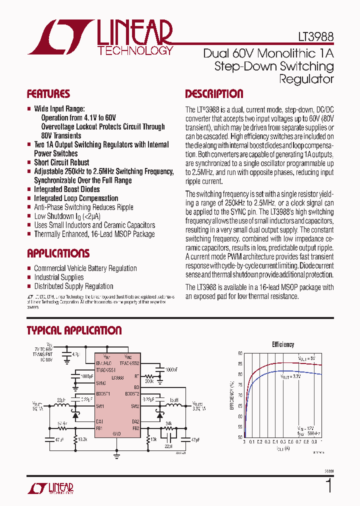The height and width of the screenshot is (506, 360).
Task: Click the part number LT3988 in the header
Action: coord(313,37)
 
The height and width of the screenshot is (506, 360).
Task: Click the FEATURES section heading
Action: coord(48,94)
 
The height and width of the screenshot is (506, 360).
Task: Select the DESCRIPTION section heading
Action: coord(214,94)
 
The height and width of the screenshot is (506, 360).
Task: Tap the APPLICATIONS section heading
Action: coord(58,253)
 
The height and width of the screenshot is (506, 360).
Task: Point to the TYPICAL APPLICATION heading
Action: coord(74,330)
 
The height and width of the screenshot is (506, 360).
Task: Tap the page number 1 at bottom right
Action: coord(328,485)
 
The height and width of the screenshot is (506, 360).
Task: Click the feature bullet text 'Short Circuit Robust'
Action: coord(61,162)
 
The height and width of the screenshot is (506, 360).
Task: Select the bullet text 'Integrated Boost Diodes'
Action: coord(67,189)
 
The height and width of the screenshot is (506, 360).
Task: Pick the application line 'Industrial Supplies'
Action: coord(59,277)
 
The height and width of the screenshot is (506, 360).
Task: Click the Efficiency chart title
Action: coord(283,344)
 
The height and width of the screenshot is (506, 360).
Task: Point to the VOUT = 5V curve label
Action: coord(307,358)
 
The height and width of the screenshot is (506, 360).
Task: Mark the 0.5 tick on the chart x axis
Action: coord(283,442)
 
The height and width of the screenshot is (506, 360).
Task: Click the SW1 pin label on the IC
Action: coord(100,406)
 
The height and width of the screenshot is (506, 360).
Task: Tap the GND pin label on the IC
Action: coord(117,433)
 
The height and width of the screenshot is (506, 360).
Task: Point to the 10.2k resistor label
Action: coord(82,440)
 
